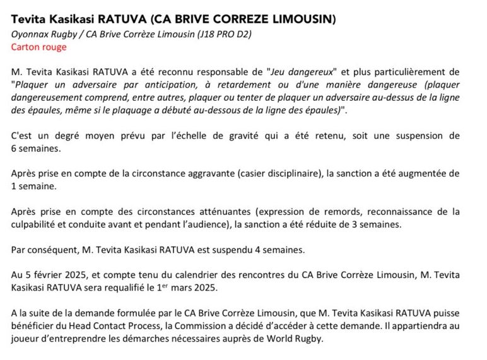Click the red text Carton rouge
click(38, 47)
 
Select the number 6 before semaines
click(14, 148)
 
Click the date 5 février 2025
click(54, 275)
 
